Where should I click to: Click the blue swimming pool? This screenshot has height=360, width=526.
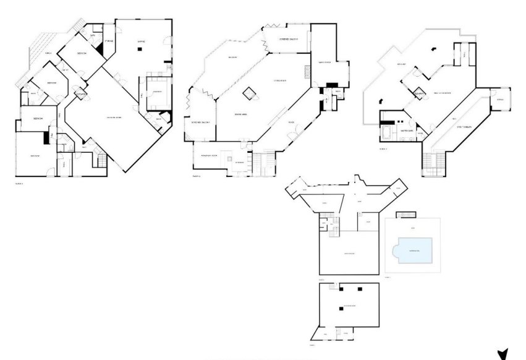click(x=412, y=251)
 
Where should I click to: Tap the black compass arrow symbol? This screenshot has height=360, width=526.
click(x=503, y=354)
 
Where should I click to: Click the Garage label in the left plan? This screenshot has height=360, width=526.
click(x=140, y=41)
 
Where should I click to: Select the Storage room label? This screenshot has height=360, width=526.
click(x=109, y=41)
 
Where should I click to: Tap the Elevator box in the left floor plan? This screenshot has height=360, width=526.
click(x=80, y=93)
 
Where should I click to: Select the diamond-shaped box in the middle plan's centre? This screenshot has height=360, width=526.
click(x=250, y=93)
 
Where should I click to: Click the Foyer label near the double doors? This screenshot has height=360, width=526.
click(x=291, y=122)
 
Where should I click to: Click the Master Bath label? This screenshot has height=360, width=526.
click(x=406, y=131)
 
